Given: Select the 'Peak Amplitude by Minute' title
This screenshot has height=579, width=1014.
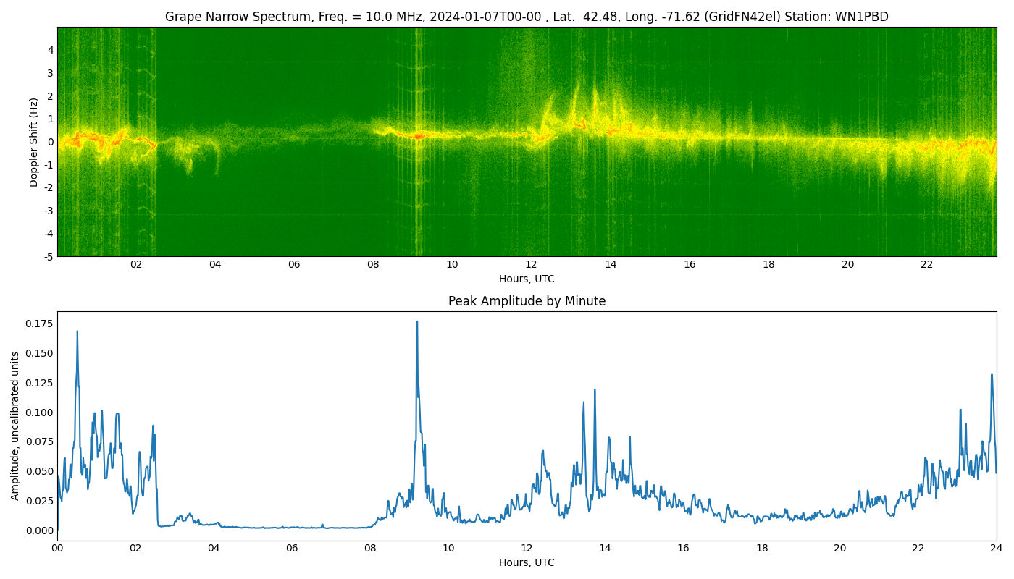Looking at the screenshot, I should (527, 301).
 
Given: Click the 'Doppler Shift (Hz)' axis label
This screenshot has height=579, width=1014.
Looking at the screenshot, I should (34, 142).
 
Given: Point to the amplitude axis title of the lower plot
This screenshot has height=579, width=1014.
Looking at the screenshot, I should (15, 426).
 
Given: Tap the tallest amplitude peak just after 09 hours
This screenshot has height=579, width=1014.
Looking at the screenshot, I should (416, 322).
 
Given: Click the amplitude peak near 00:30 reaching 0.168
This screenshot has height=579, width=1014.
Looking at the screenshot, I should (77, 331).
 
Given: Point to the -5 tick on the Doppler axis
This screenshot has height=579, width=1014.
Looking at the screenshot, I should (47, 256).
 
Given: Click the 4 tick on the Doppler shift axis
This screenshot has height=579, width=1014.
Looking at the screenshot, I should (49, 50).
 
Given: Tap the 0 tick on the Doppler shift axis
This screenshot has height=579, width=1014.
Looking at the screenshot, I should (49, 142).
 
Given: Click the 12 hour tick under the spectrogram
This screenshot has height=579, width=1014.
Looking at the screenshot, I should (531, 265).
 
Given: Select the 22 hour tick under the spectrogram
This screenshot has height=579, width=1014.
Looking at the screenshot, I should (926, 265).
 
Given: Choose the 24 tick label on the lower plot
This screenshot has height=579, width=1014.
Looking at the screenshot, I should (996, 549).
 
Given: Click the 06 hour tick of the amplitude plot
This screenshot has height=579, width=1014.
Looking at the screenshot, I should (292, 549).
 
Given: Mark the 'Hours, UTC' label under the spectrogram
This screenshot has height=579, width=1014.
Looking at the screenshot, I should (527, 279).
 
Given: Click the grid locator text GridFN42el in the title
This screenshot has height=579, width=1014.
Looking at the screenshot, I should (748, 17).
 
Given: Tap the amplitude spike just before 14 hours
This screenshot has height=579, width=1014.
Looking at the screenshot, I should (595, 390).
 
